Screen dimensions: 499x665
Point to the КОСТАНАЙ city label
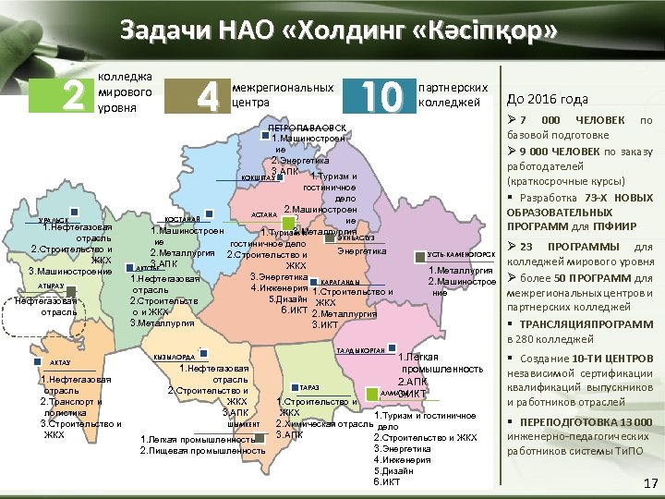tap(183, 218)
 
